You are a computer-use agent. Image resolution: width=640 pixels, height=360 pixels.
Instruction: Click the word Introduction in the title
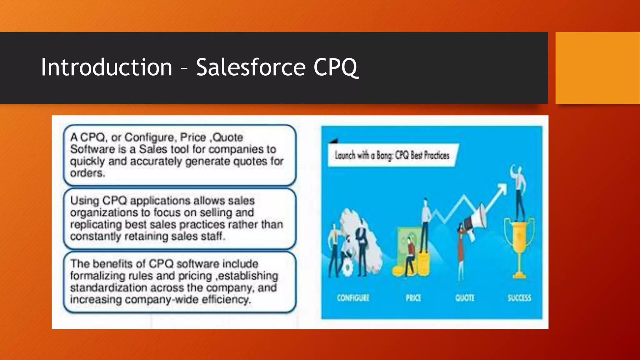107,67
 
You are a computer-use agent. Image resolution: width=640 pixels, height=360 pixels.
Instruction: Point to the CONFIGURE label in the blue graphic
353,298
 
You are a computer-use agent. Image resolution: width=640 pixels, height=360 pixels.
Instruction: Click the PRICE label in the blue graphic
413,298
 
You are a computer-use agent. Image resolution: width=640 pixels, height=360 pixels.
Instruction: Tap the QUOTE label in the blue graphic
465,298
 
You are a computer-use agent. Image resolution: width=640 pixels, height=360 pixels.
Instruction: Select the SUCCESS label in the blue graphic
519,298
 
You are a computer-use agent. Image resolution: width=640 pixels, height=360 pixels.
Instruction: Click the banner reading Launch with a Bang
392,155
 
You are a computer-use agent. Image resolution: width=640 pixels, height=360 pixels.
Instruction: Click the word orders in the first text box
87,173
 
